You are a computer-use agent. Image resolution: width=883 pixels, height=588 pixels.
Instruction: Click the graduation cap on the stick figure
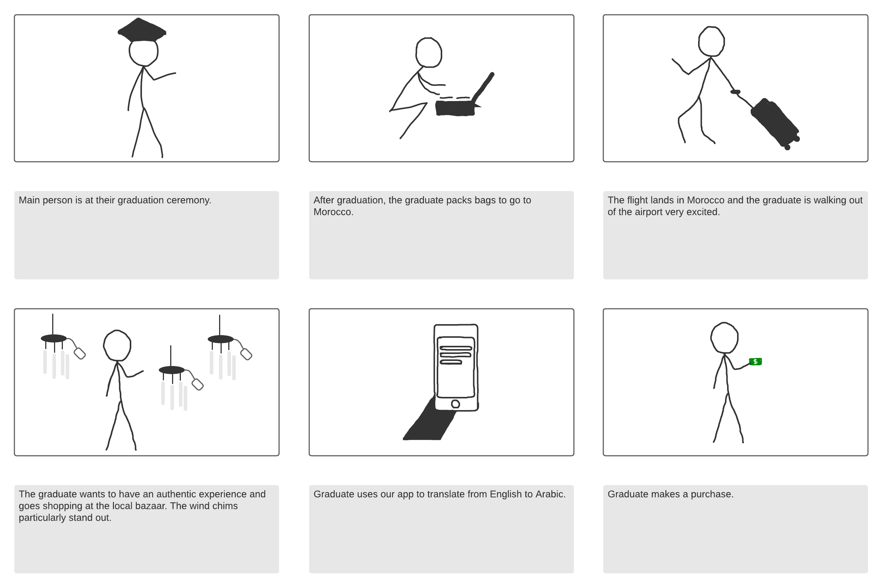point(142,31)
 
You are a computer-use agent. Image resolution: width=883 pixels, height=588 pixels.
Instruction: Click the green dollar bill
point(755,362)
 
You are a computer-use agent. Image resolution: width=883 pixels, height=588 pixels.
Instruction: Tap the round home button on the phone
point(455,404)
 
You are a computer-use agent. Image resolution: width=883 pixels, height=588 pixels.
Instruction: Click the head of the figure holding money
point(724,338)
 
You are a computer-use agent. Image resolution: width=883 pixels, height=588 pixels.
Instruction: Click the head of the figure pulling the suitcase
point(711,42)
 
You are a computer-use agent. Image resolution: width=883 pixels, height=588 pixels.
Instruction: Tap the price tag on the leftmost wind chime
point(79,354)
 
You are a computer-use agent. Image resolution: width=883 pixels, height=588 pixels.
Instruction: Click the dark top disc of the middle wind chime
point(172,370)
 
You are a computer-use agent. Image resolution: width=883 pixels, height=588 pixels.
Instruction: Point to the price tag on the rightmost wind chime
point(246,354)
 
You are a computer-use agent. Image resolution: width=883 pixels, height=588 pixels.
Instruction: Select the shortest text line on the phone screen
point(450,362)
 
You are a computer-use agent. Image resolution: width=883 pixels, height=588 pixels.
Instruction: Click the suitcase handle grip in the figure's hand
point(735,92)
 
